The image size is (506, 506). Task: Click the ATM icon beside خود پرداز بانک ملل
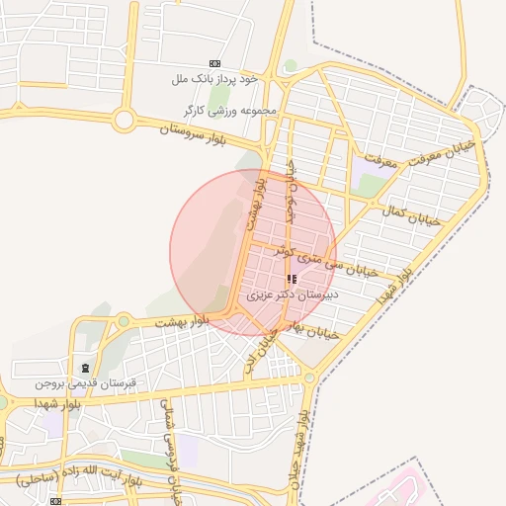[215, 63]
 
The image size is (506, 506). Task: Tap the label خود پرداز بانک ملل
[214, 78]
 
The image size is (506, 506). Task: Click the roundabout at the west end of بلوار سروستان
[124, 121]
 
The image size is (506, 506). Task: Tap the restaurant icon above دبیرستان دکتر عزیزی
[291, 280]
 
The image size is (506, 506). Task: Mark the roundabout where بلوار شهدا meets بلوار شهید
[310, 378]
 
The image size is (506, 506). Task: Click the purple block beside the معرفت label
[372, 184]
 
